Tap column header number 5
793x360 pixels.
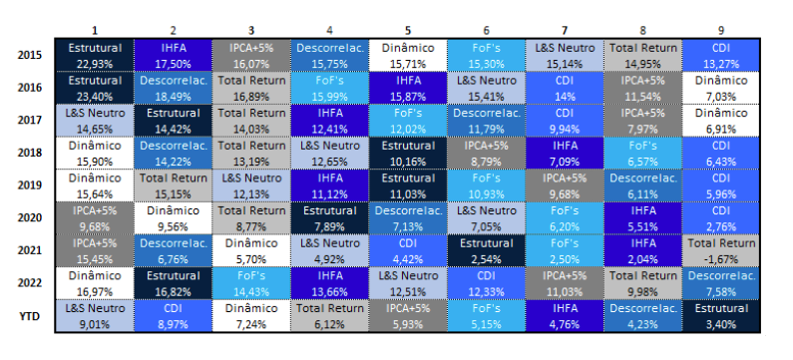pyautogui.click(x=408, y=31)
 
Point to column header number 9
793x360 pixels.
pyautogui.click(x=720, y=31)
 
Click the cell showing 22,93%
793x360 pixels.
pyautogui.click(x=95, y=55)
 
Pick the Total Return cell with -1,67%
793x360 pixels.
pyautogui.click(x=721, y=250)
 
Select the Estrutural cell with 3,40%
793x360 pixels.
pyautogui.click(x=721, y=316)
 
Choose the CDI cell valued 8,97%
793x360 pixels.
pyautogui.click(x=173, y=316)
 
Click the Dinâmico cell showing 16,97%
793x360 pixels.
pyautogui.click(x=95, y=283)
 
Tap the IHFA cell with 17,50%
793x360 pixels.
pyautogui.click(x=173, y=55)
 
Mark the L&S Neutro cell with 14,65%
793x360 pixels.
pyautogui.click(x=95, y=121)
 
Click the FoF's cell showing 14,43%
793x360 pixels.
pyautogui.click(x=251, y=283)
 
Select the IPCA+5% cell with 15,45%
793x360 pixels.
pyautogui.click(x=95, y=250)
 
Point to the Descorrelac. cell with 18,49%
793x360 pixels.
pyautogui.click(x=173, y=88)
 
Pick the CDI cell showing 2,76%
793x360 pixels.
pyautogui.click(x=721, y=218)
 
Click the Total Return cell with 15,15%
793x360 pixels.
pyautogui.click(x=173, y=185)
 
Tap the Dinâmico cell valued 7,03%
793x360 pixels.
pyautogui.click(x=721, y=88)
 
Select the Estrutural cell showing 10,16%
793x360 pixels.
pyautogui.click(x=408, y=153)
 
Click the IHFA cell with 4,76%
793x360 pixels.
pyautogui.click(x=565, y=316)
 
